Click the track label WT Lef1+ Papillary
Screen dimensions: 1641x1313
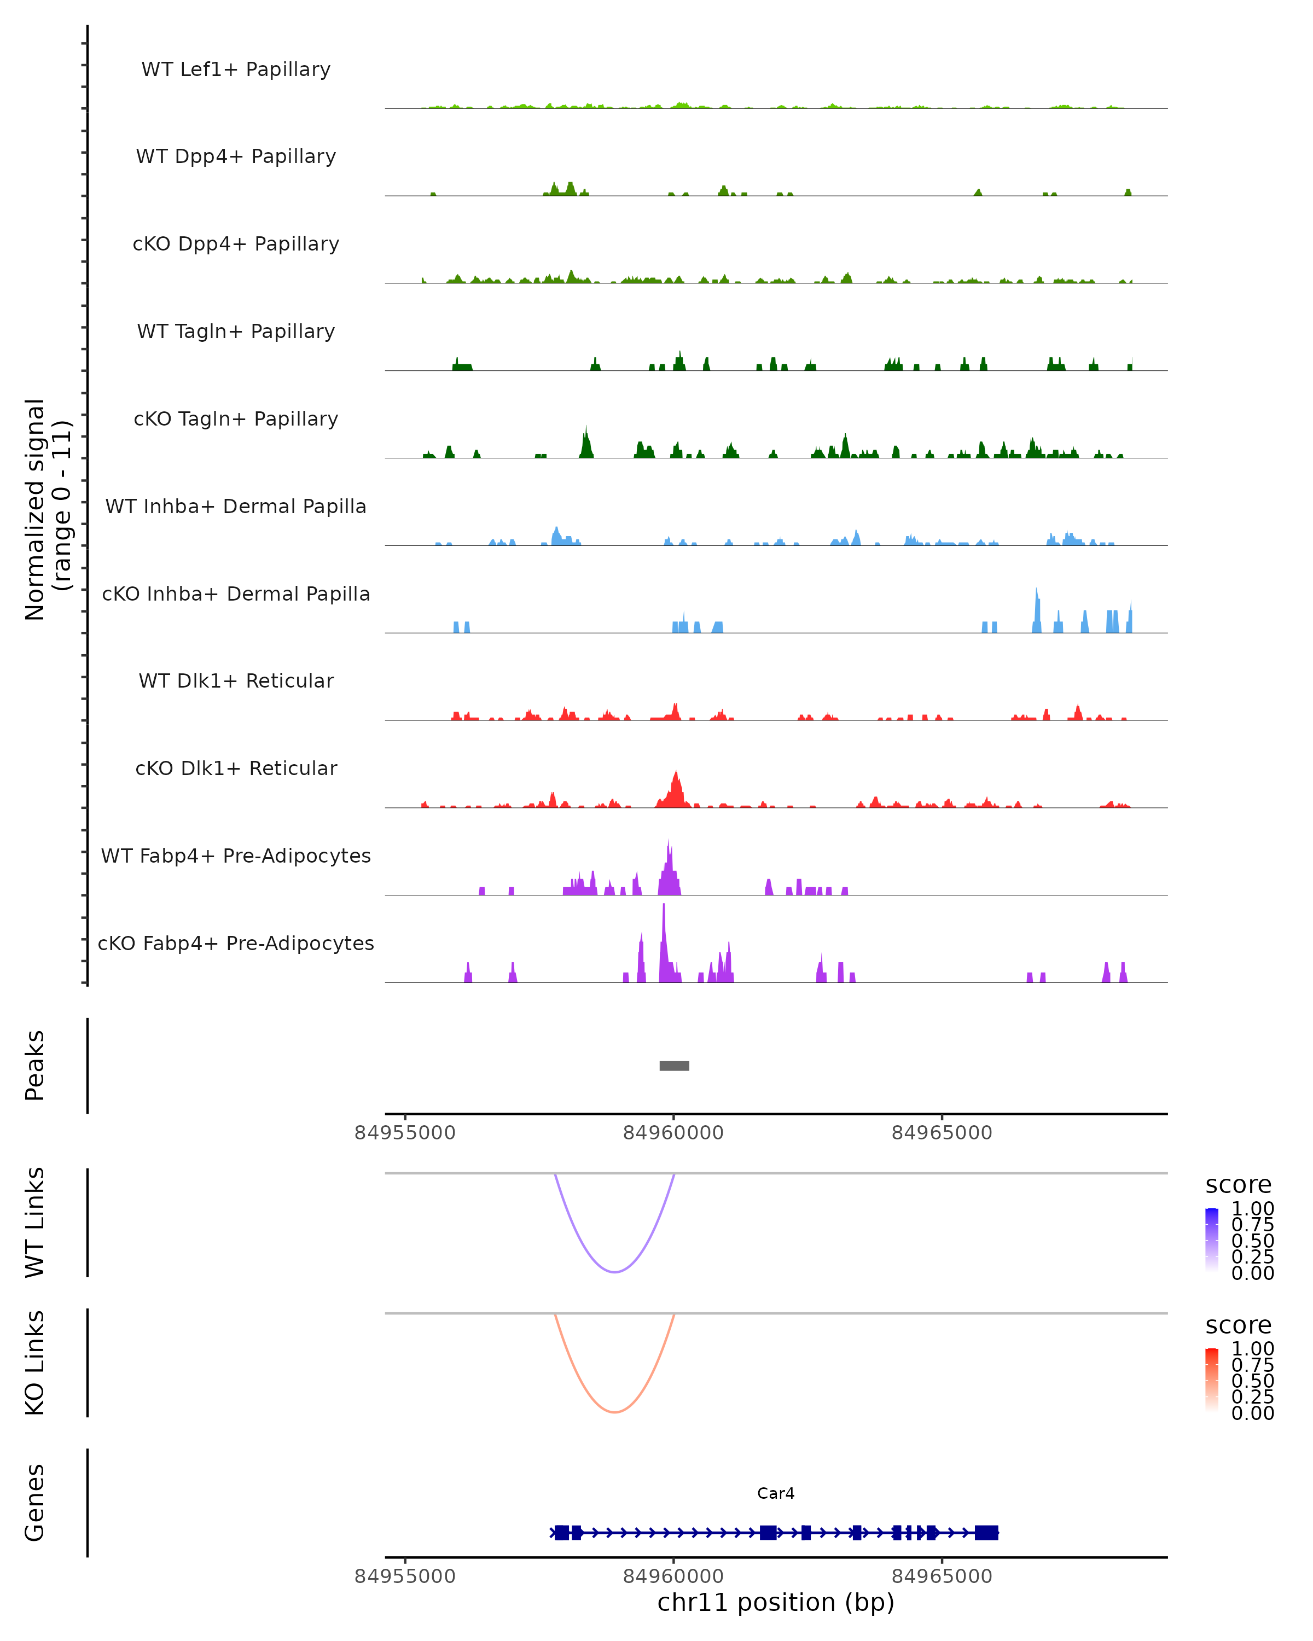click(236, 69)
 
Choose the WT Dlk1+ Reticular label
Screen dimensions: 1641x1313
click(236, 680)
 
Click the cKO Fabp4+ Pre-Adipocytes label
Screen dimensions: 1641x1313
click(236, 943)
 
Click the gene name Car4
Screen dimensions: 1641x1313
click(776, 1493)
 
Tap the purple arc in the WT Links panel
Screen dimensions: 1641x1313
click(614, 1272)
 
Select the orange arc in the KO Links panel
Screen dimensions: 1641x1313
click(614, 1412)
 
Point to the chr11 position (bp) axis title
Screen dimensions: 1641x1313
click(776, 1602)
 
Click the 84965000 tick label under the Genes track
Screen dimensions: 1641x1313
click(942, 1575)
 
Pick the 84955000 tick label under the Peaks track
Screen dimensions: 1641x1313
click(405, 1133)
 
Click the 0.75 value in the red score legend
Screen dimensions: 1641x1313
click(1252, 1365)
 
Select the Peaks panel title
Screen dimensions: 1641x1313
click(34, 1066)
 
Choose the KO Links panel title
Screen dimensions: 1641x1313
click(34, 1363)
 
